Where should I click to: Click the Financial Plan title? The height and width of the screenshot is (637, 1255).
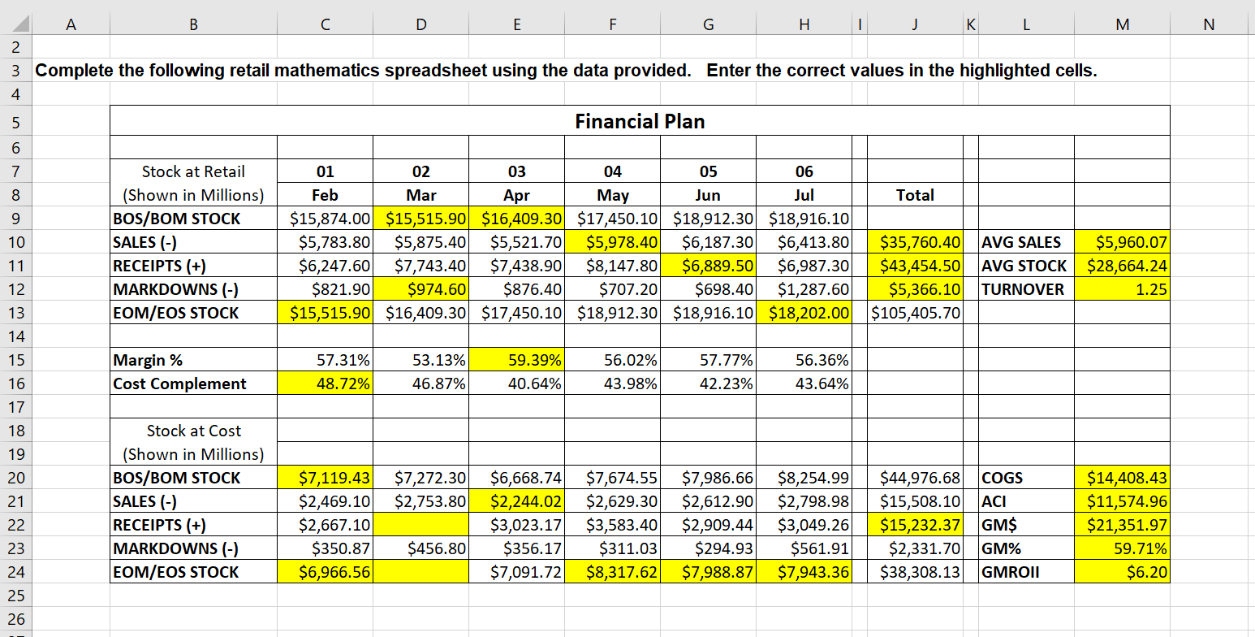[640, 122]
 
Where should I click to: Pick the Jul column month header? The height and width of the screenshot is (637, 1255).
[804, 195]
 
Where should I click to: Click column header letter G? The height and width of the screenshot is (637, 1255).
[708, 25]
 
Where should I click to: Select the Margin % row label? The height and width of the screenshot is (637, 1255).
[148, 360]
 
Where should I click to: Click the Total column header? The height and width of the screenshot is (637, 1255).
[915, 195]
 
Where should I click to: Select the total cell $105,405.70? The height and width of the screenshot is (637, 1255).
[915, 313]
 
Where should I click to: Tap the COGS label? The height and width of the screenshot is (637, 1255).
[1003, 478]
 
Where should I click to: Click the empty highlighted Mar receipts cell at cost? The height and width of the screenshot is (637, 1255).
[420, 525]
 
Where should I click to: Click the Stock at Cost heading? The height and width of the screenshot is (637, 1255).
[193, 431]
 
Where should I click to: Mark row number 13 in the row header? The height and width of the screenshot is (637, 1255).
[16, 313]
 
